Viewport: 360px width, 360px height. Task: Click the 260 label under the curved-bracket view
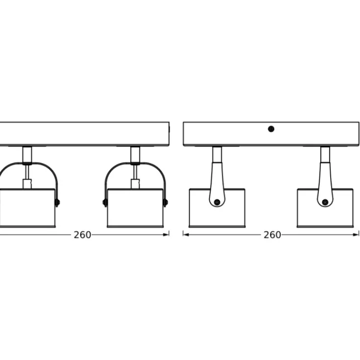point(82,235)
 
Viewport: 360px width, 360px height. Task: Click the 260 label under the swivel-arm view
point(272,235)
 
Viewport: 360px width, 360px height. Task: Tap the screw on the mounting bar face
point(271,129)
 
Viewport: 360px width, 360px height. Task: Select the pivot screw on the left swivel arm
point(217,202)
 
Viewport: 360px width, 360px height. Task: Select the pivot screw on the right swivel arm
point(325,202)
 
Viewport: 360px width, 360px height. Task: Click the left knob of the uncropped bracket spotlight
point(105,202)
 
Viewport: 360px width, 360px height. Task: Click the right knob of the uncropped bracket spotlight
point(166,202)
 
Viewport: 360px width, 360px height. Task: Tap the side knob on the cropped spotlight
point(57,202)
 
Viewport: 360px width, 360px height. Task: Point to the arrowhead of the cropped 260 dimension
point(166,235)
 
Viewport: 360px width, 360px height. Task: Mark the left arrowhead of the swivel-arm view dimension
point(186,235)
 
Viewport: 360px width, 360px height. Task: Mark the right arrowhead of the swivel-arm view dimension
point(356,235)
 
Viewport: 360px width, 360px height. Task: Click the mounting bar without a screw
point(84,134)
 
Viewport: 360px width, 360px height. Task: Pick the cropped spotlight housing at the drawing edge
point(27,208)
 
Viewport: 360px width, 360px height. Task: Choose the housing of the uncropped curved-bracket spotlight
point(135,208)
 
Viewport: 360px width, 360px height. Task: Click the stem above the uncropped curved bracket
point(135,154)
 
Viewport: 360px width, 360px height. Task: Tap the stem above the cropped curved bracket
point(27,154)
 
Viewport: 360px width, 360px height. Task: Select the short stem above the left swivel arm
point(217,154)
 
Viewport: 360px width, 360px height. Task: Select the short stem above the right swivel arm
point(325,154)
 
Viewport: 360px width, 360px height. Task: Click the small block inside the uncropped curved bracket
point(135,184)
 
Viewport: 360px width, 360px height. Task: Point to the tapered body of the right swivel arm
point(325,184)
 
